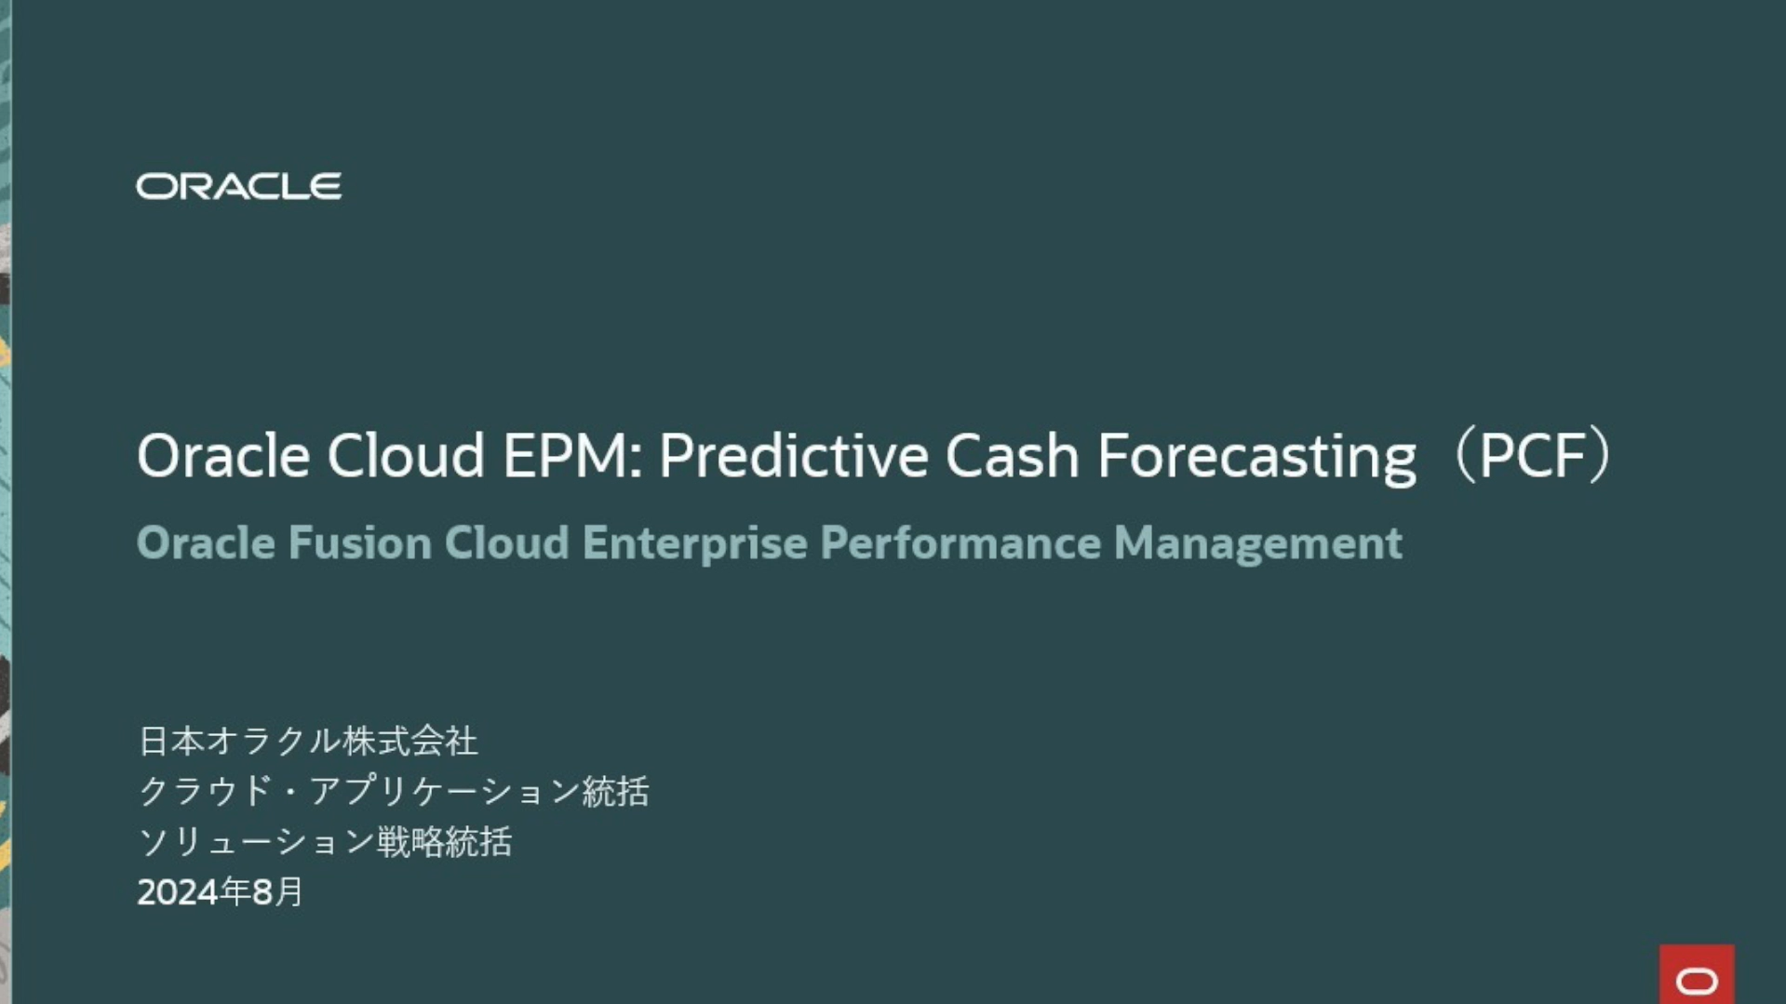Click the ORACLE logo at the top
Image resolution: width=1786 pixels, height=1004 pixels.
(x=239, y=186)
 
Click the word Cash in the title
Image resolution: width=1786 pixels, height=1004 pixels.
(x=1013, y=456)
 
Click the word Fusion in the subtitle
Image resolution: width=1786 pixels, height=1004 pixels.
(x=360, y=542)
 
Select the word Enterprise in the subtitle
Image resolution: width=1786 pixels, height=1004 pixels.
(x=694, y=543)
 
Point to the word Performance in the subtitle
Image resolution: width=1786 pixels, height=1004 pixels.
(x=960, y=542)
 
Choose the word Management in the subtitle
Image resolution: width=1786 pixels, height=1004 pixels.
(x=1257, y=543)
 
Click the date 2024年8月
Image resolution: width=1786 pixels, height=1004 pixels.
(x=221, y=891)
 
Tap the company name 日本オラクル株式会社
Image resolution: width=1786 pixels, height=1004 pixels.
(x=307, y=741)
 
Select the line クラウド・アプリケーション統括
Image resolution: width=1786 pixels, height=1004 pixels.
(x=393, y=791)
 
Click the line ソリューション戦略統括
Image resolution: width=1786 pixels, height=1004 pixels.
(x=324, y=841)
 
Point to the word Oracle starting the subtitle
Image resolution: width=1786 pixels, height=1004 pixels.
(x=206, y=542)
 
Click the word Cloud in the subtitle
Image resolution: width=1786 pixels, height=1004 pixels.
(x=507, y=542)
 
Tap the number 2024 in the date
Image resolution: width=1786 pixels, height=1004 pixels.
(x=179, y=892)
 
